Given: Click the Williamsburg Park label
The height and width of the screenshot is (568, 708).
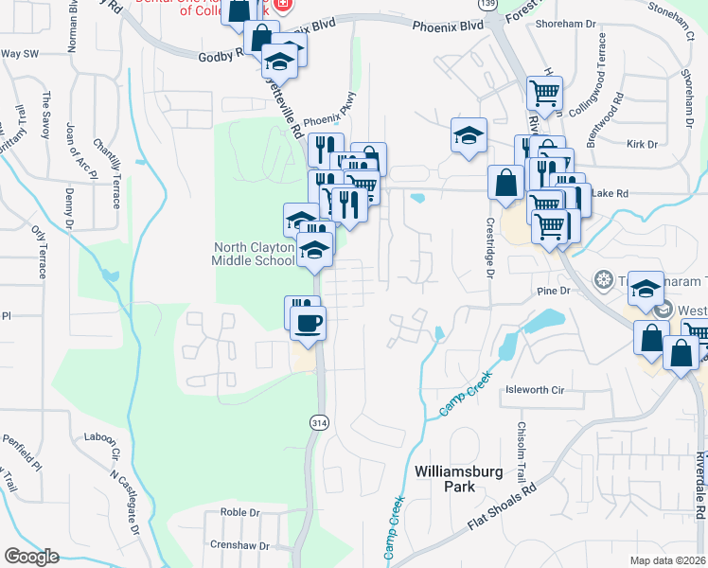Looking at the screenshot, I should pos(445,478).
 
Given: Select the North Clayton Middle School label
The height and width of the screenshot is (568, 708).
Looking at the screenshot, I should pos(256,254).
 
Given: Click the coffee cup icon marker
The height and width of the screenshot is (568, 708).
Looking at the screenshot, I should pos(308,324).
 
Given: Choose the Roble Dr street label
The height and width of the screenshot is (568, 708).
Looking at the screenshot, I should pos(239,512).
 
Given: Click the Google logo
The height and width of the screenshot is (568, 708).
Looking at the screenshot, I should pos(31,557).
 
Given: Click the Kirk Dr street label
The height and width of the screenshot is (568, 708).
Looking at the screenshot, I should pos(642,144).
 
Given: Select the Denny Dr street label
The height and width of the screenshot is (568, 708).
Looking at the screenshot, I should pos(69,209).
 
